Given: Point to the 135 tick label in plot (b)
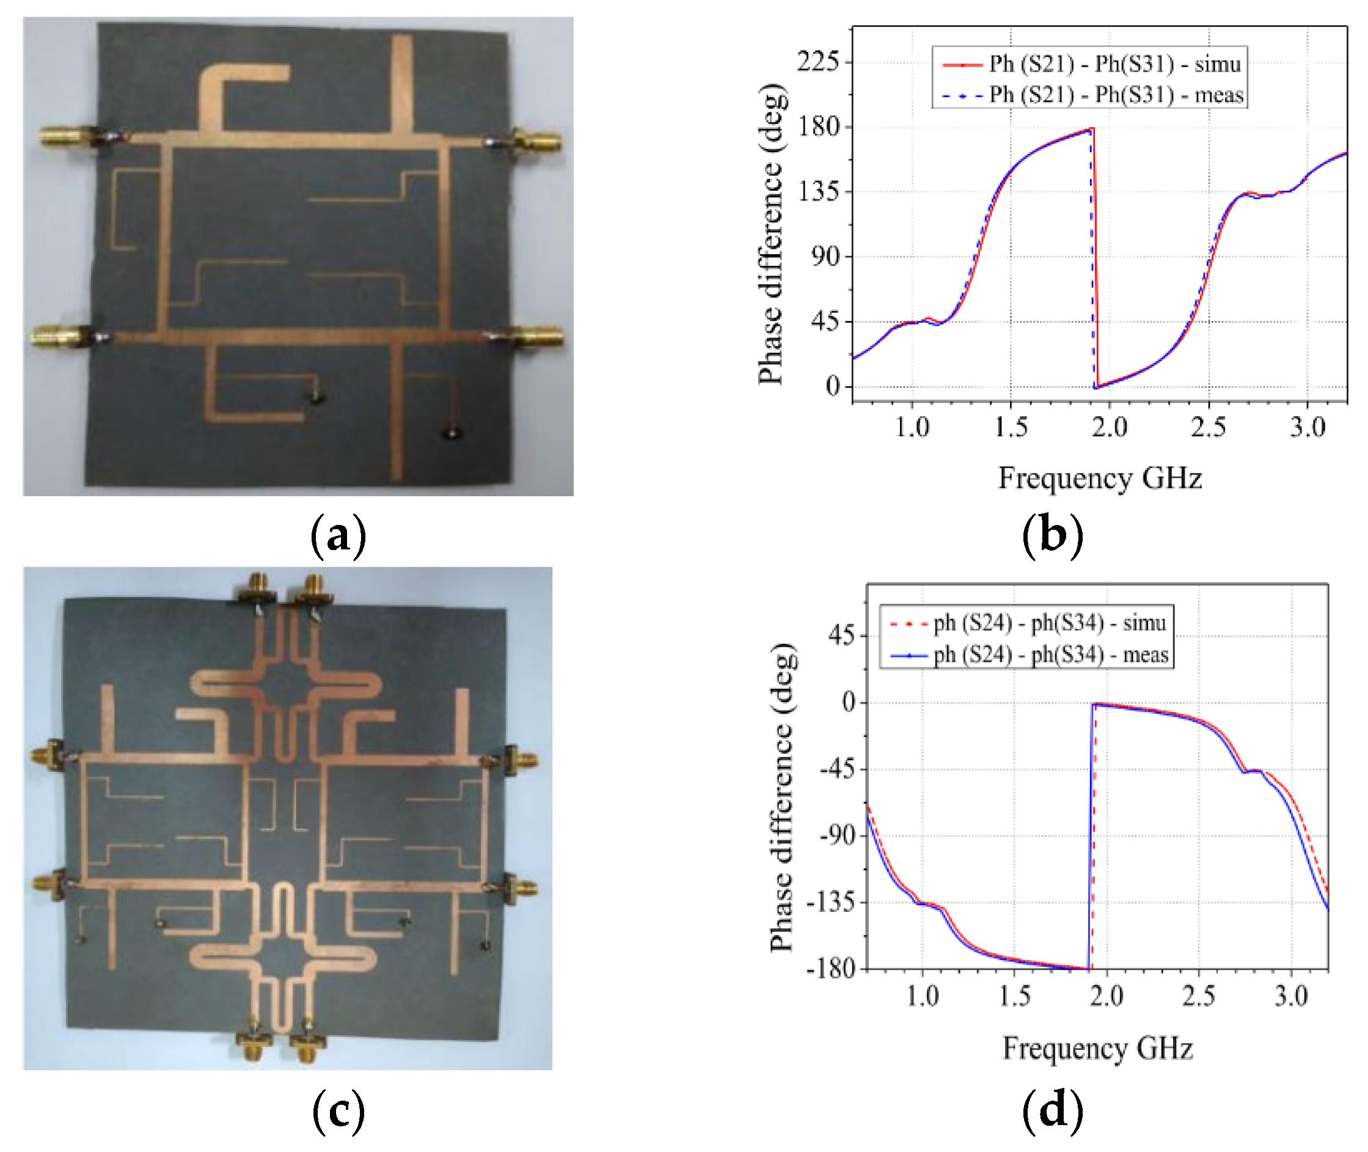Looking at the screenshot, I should [818, 192].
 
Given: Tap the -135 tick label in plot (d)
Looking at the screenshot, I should [830, 903].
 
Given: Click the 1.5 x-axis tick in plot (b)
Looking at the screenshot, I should [1011, 428].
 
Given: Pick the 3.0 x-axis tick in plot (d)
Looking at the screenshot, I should [1291, 997].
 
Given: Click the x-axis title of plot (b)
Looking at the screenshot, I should [1100, 478].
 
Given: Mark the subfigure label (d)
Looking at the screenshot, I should [1052, 1110].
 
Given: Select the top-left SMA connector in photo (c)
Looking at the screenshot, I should [258, 589].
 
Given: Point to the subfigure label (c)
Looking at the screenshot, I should [338, 1110].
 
